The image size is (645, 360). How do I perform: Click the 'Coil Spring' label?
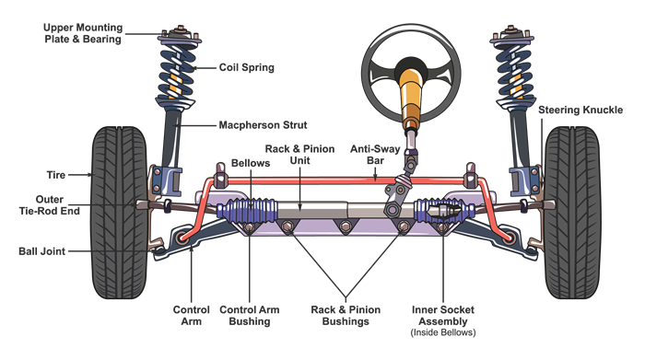[246, 67]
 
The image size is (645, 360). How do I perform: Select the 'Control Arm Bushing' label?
[249, 317]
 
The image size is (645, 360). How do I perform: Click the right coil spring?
[513, 74]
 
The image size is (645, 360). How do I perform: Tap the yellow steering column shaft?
[408, 101]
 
